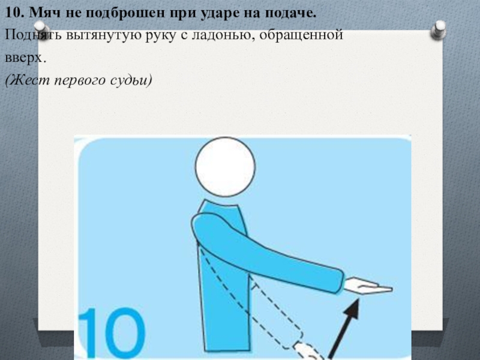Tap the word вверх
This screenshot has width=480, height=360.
tap(25, 58)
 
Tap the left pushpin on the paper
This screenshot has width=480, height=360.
tap(41, 30)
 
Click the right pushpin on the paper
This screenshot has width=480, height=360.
tap(439, 29)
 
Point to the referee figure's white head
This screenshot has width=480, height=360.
tap(226, 167)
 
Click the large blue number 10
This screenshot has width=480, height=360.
tap(112, 333)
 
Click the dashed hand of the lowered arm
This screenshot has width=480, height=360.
tap(308, 352)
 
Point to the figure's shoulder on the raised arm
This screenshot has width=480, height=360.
tap(203, 225)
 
